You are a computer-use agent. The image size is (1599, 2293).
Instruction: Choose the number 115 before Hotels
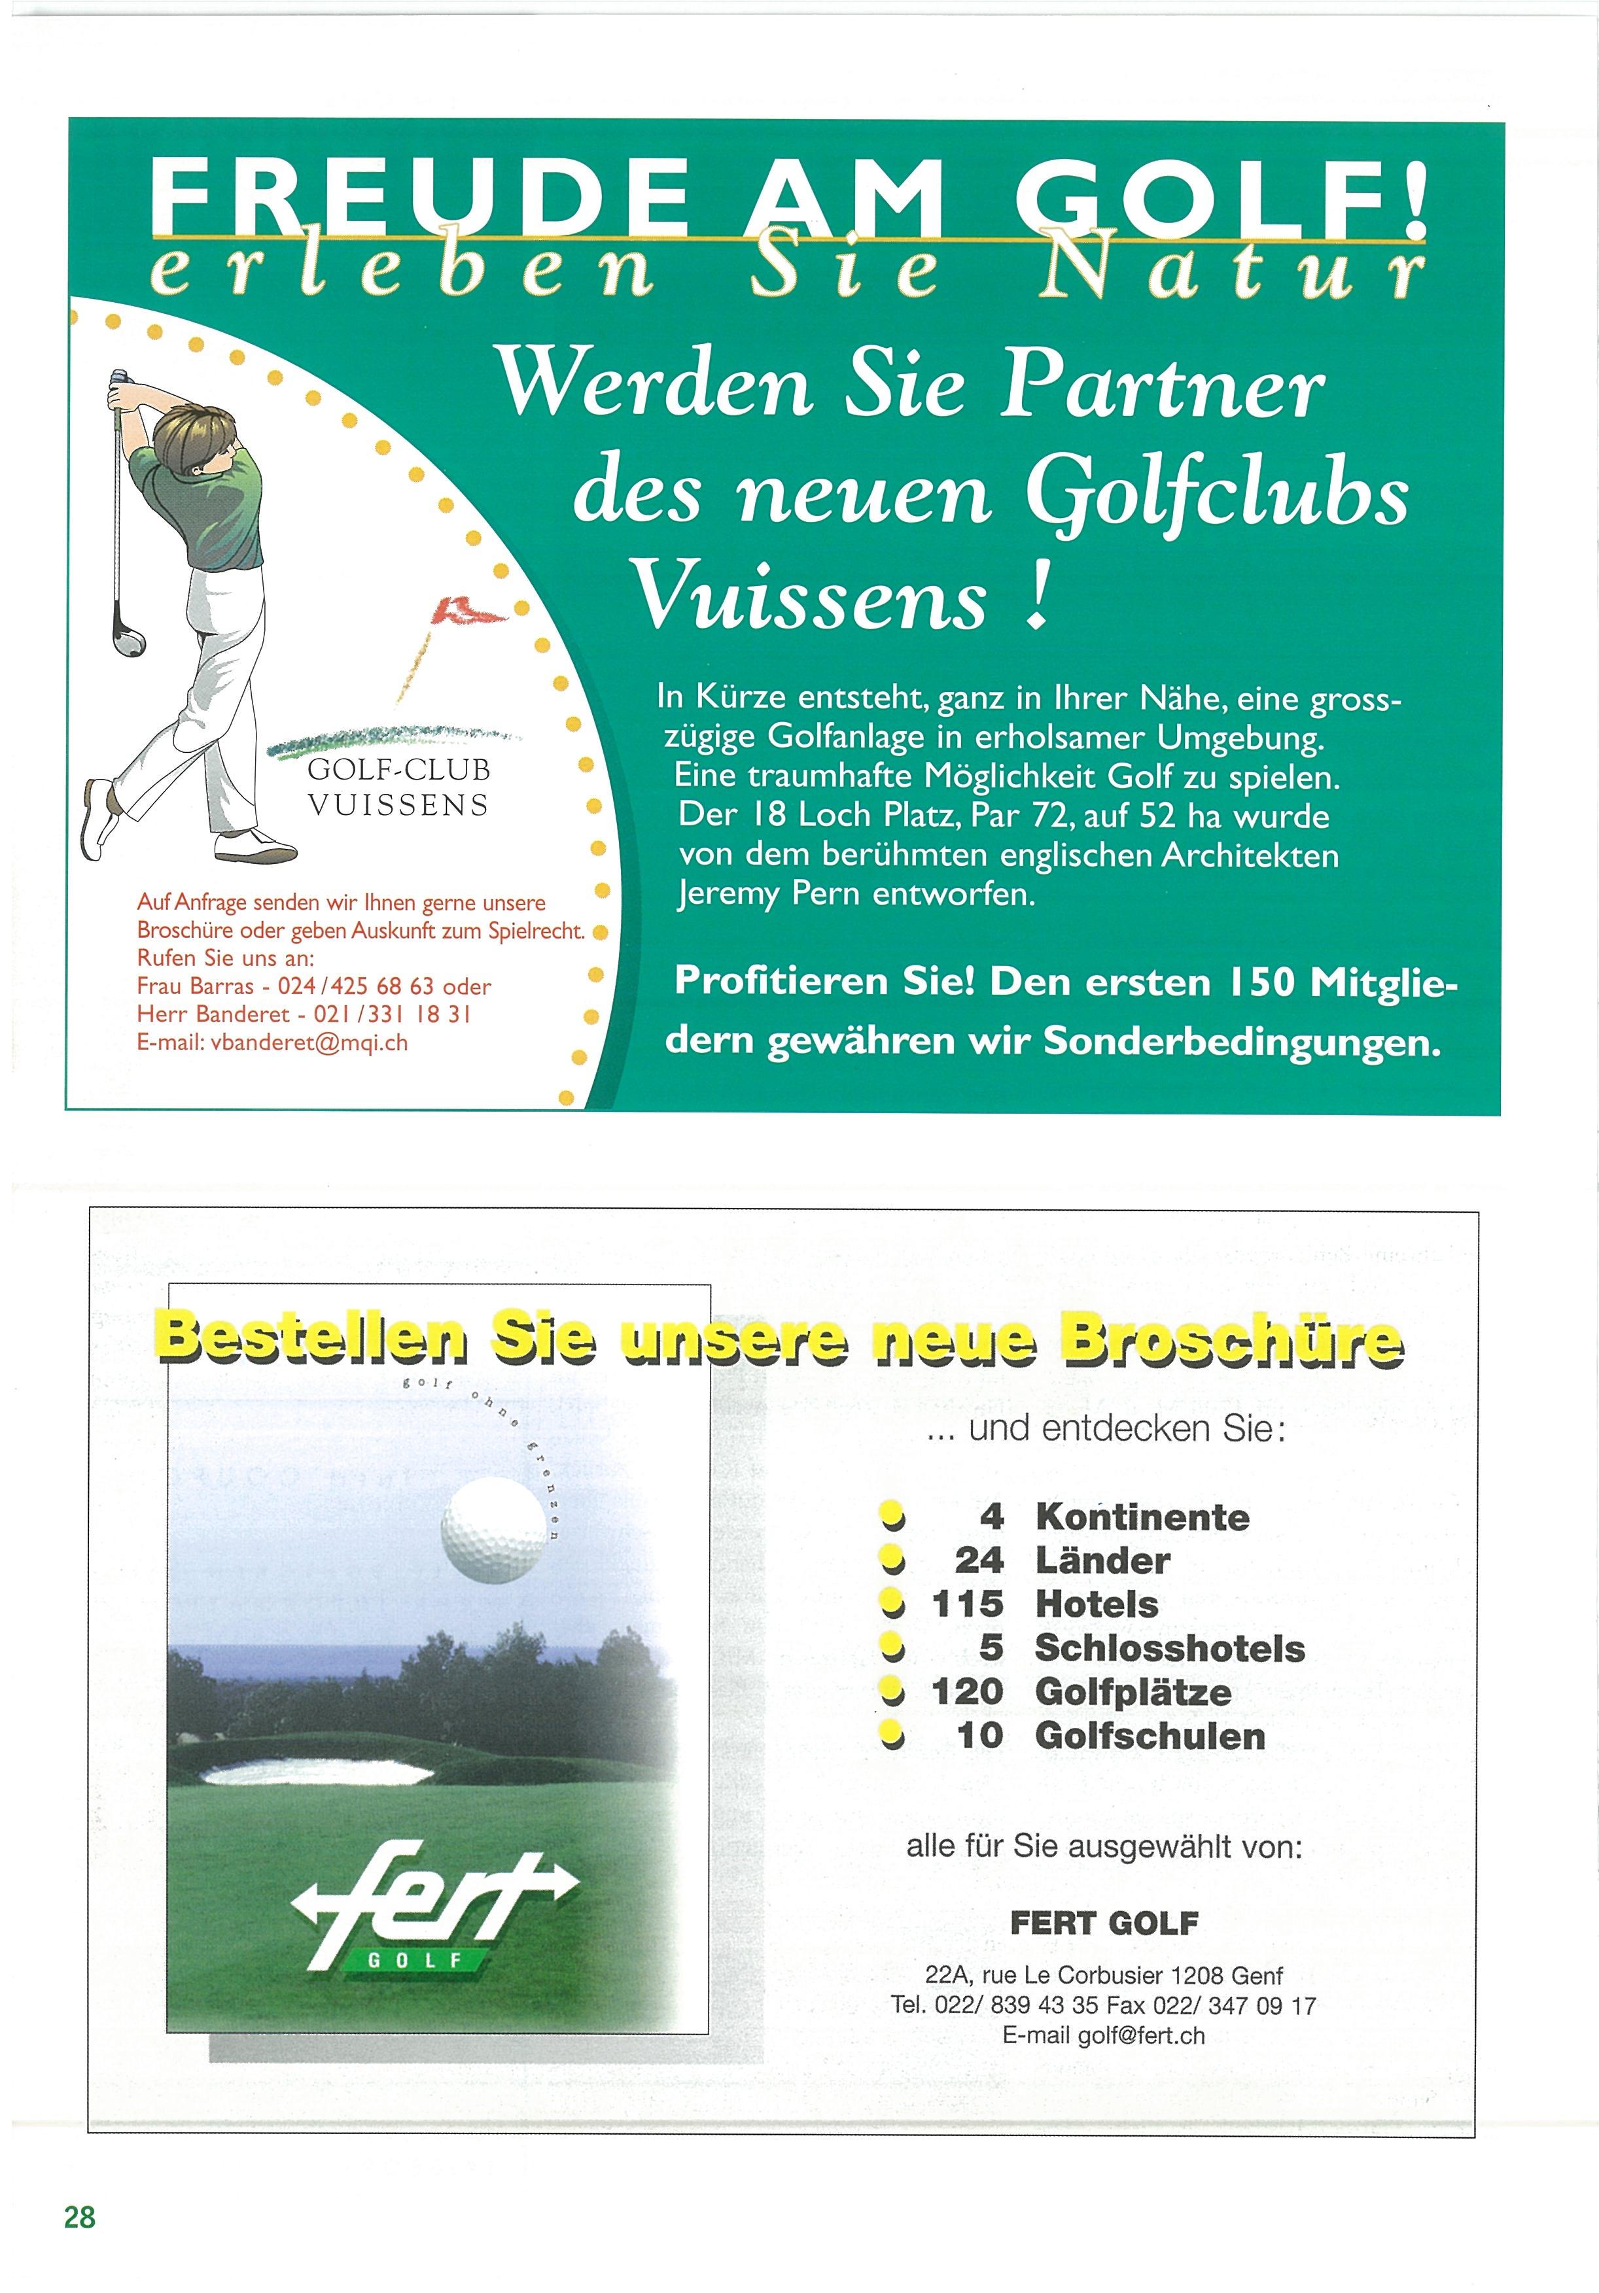point(967,1604)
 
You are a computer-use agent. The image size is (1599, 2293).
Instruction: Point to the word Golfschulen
point(1150,1736)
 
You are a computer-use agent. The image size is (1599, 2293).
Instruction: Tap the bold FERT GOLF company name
point(1104,1923)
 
